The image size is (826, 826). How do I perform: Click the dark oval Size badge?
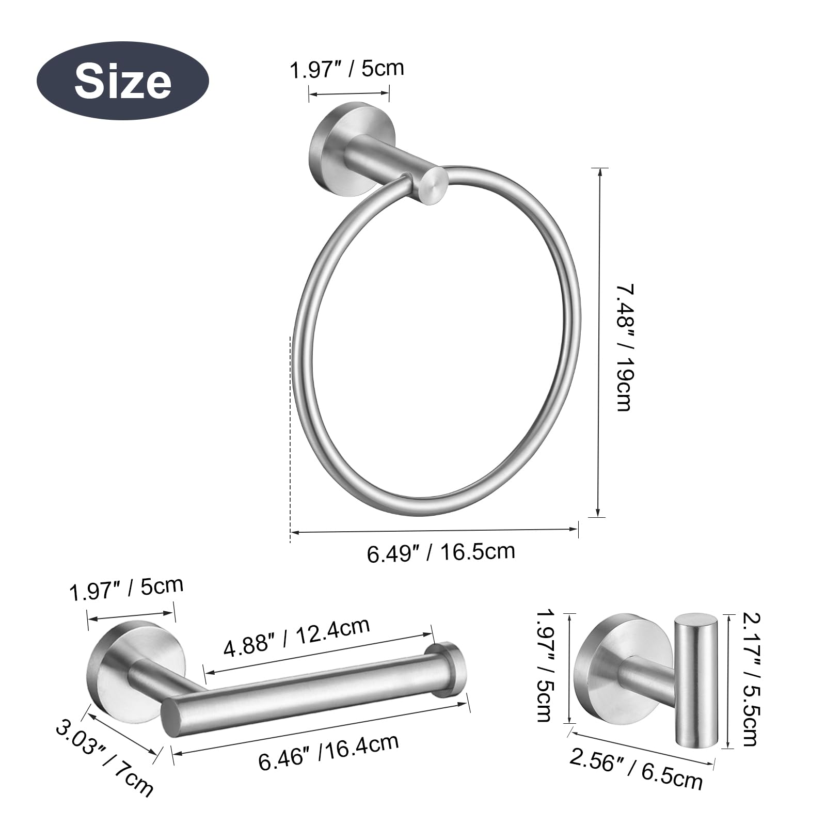(122, 81)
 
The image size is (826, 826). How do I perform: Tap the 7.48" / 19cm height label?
(624, 347)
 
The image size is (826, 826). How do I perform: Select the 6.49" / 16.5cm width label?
(441, 552)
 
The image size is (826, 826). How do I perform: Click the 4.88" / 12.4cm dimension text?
(296, 636)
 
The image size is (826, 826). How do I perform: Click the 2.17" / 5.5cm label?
(750, 679)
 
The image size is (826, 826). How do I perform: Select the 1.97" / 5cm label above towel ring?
(346, 69)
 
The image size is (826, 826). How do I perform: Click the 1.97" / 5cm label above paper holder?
(126, 589)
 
